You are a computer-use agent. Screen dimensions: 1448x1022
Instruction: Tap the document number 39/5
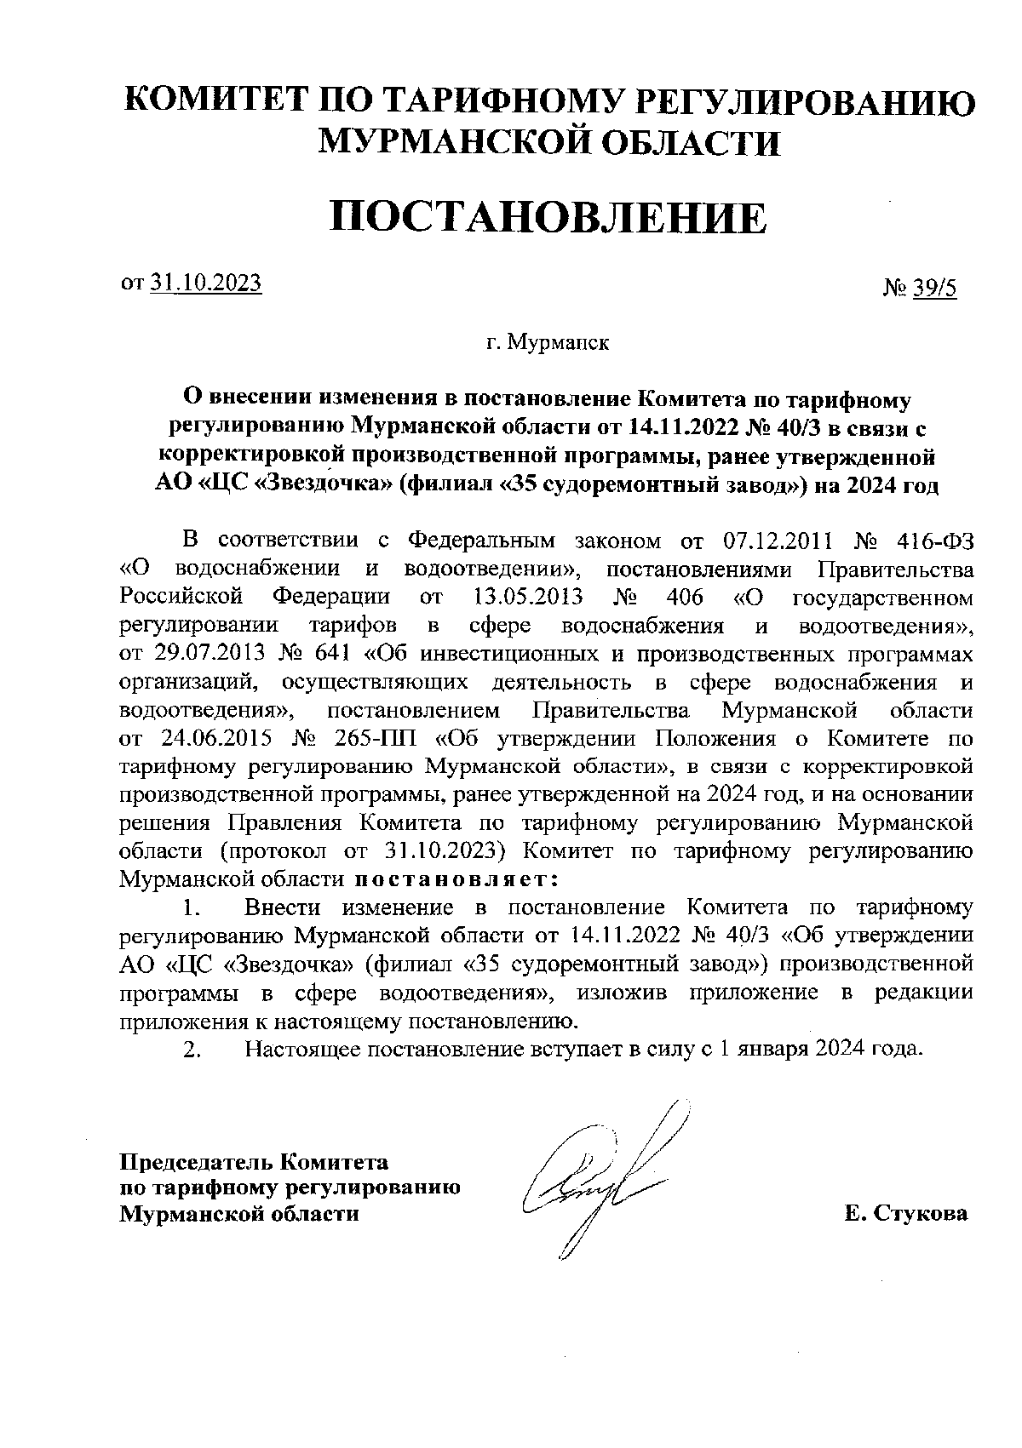(x=935, y=289)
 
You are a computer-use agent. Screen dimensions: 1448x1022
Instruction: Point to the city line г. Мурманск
(x=548, y=344)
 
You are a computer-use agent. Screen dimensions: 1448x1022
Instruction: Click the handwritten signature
(x=596, y=1179)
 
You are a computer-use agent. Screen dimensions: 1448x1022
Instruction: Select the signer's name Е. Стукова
(x=906, y=1213)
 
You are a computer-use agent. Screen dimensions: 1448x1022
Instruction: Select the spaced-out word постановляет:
(x=456, y=877)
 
